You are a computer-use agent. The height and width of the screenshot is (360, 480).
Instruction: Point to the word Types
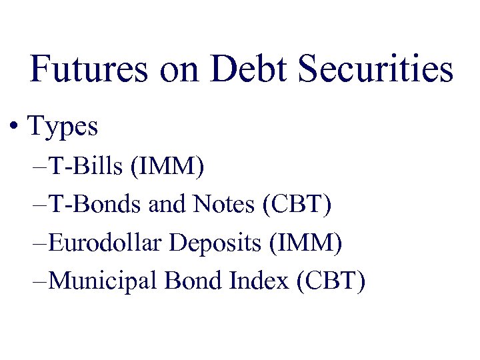pos(63,126)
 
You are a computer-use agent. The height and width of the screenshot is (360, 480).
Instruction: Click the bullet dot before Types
pos(14,125)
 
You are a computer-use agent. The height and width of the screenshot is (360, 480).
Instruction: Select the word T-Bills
pos(87,167)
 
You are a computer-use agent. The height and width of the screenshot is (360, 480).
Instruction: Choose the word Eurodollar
pos(106,243)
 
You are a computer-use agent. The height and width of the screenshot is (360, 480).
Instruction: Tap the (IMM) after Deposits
pos(304,243)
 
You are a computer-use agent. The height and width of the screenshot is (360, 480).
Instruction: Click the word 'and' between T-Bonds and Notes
pos(167,205)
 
